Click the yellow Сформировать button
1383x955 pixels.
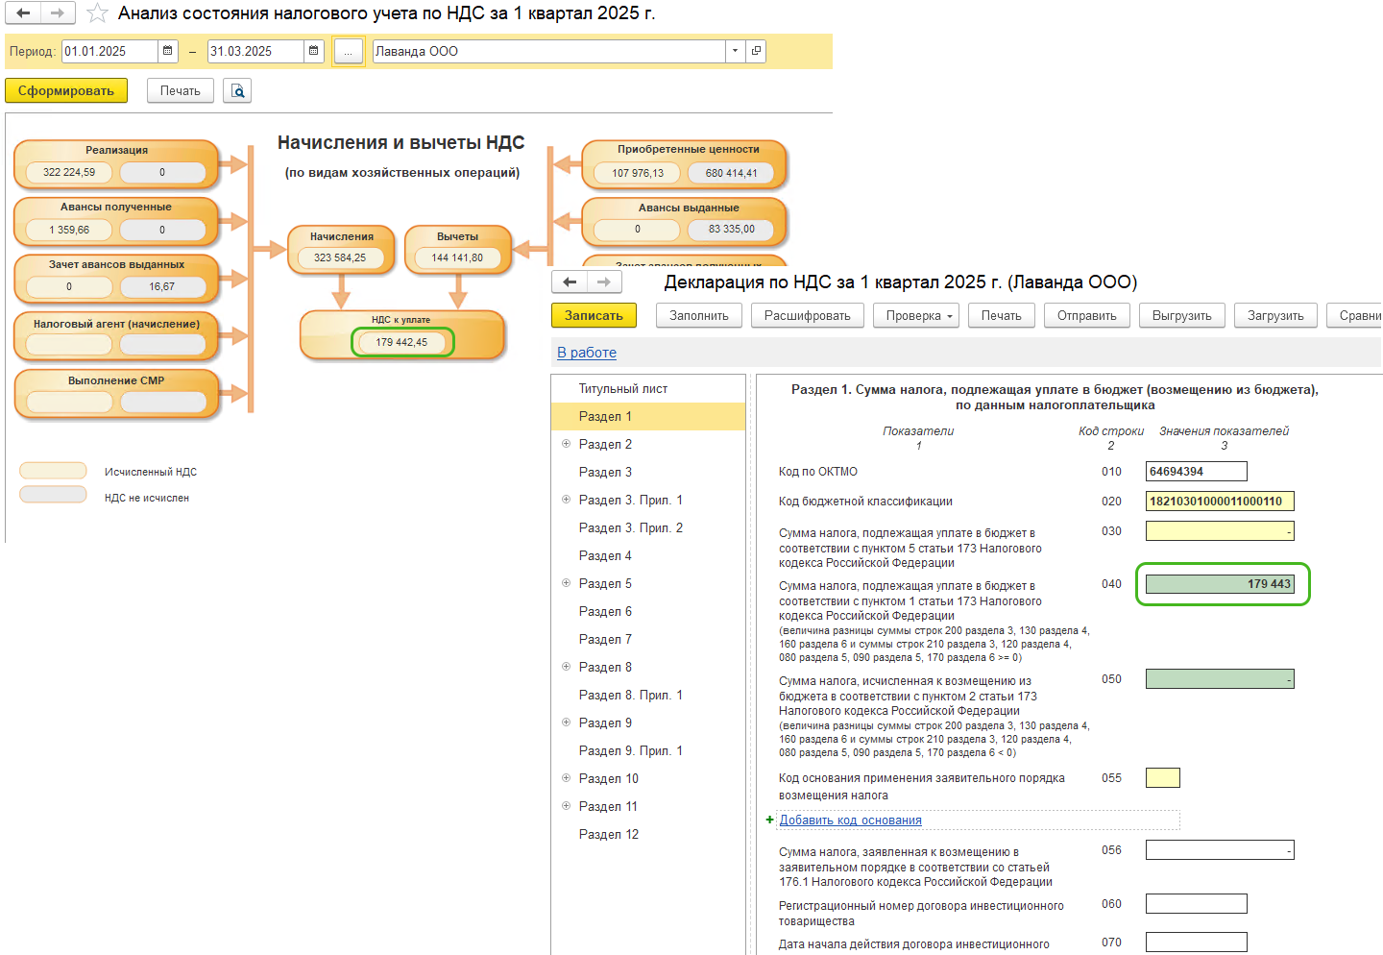[x=66, y=91]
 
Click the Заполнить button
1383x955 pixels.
[x=699, y=316]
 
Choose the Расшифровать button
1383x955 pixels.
[x=807, y=316]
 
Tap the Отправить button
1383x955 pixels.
[x=1086, y=316]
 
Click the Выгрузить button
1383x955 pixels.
[x=1181, y=316]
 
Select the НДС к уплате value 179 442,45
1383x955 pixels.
[x=401, y=342]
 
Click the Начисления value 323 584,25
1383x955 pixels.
[x=340, y=257]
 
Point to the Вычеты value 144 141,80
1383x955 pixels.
[x=457, y=257]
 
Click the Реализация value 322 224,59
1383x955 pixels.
[x=69, y=172]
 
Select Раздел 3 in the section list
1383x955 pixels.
[x=605, y=472]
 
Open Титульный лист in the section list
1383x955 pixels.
[x=623, y=388]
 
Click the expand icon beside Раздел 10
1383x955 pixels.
[x=566, y=778]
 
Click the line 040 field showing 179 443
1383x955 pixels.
[x=1220, y=584]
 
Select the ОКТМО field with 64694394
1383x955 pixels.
[x=1196, y=472]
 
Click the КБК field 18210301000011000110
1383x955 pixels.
[x=1220, y=501]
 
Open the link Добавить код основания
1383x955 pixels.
[x=850, y=820]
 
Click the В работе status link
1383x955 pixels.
[x=587, y=352]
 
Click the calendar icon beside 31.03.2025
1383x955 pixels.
[x=314, y=51]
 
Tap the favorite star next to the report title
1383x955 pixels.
[x=97, y=13]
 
